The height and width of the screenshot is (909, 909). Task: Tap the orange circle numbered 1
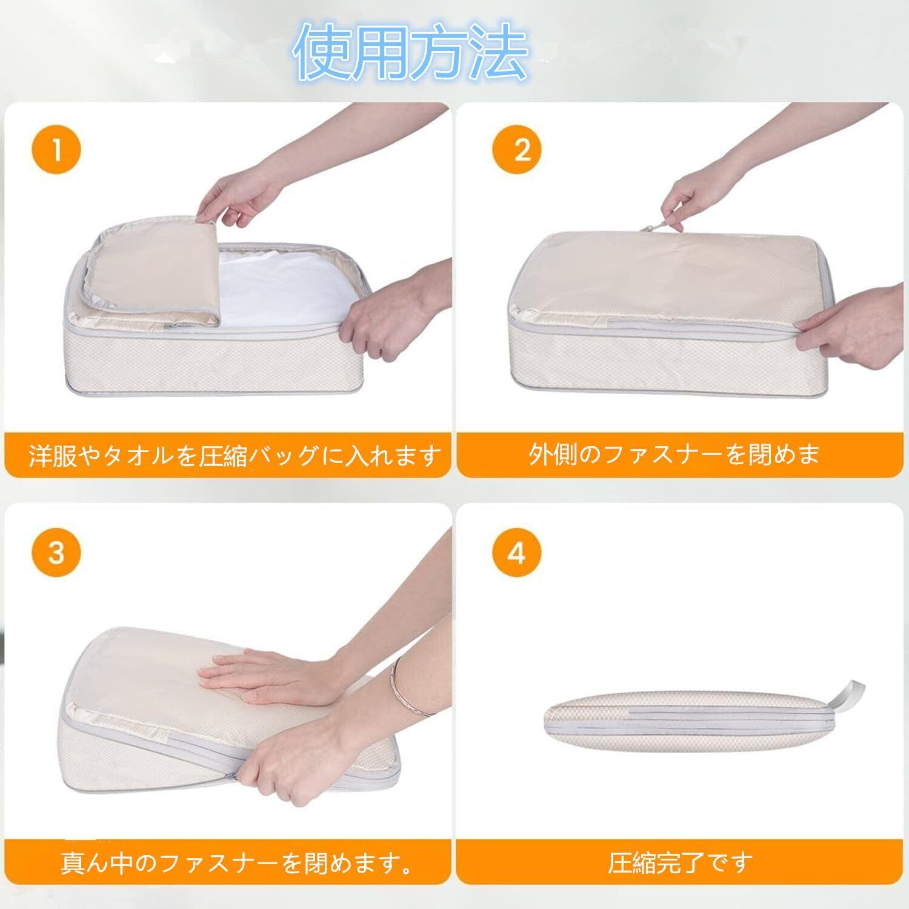tap(56, 150)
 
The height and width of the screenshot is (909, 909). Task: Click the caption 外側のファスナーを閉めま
tap(674, 454)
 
